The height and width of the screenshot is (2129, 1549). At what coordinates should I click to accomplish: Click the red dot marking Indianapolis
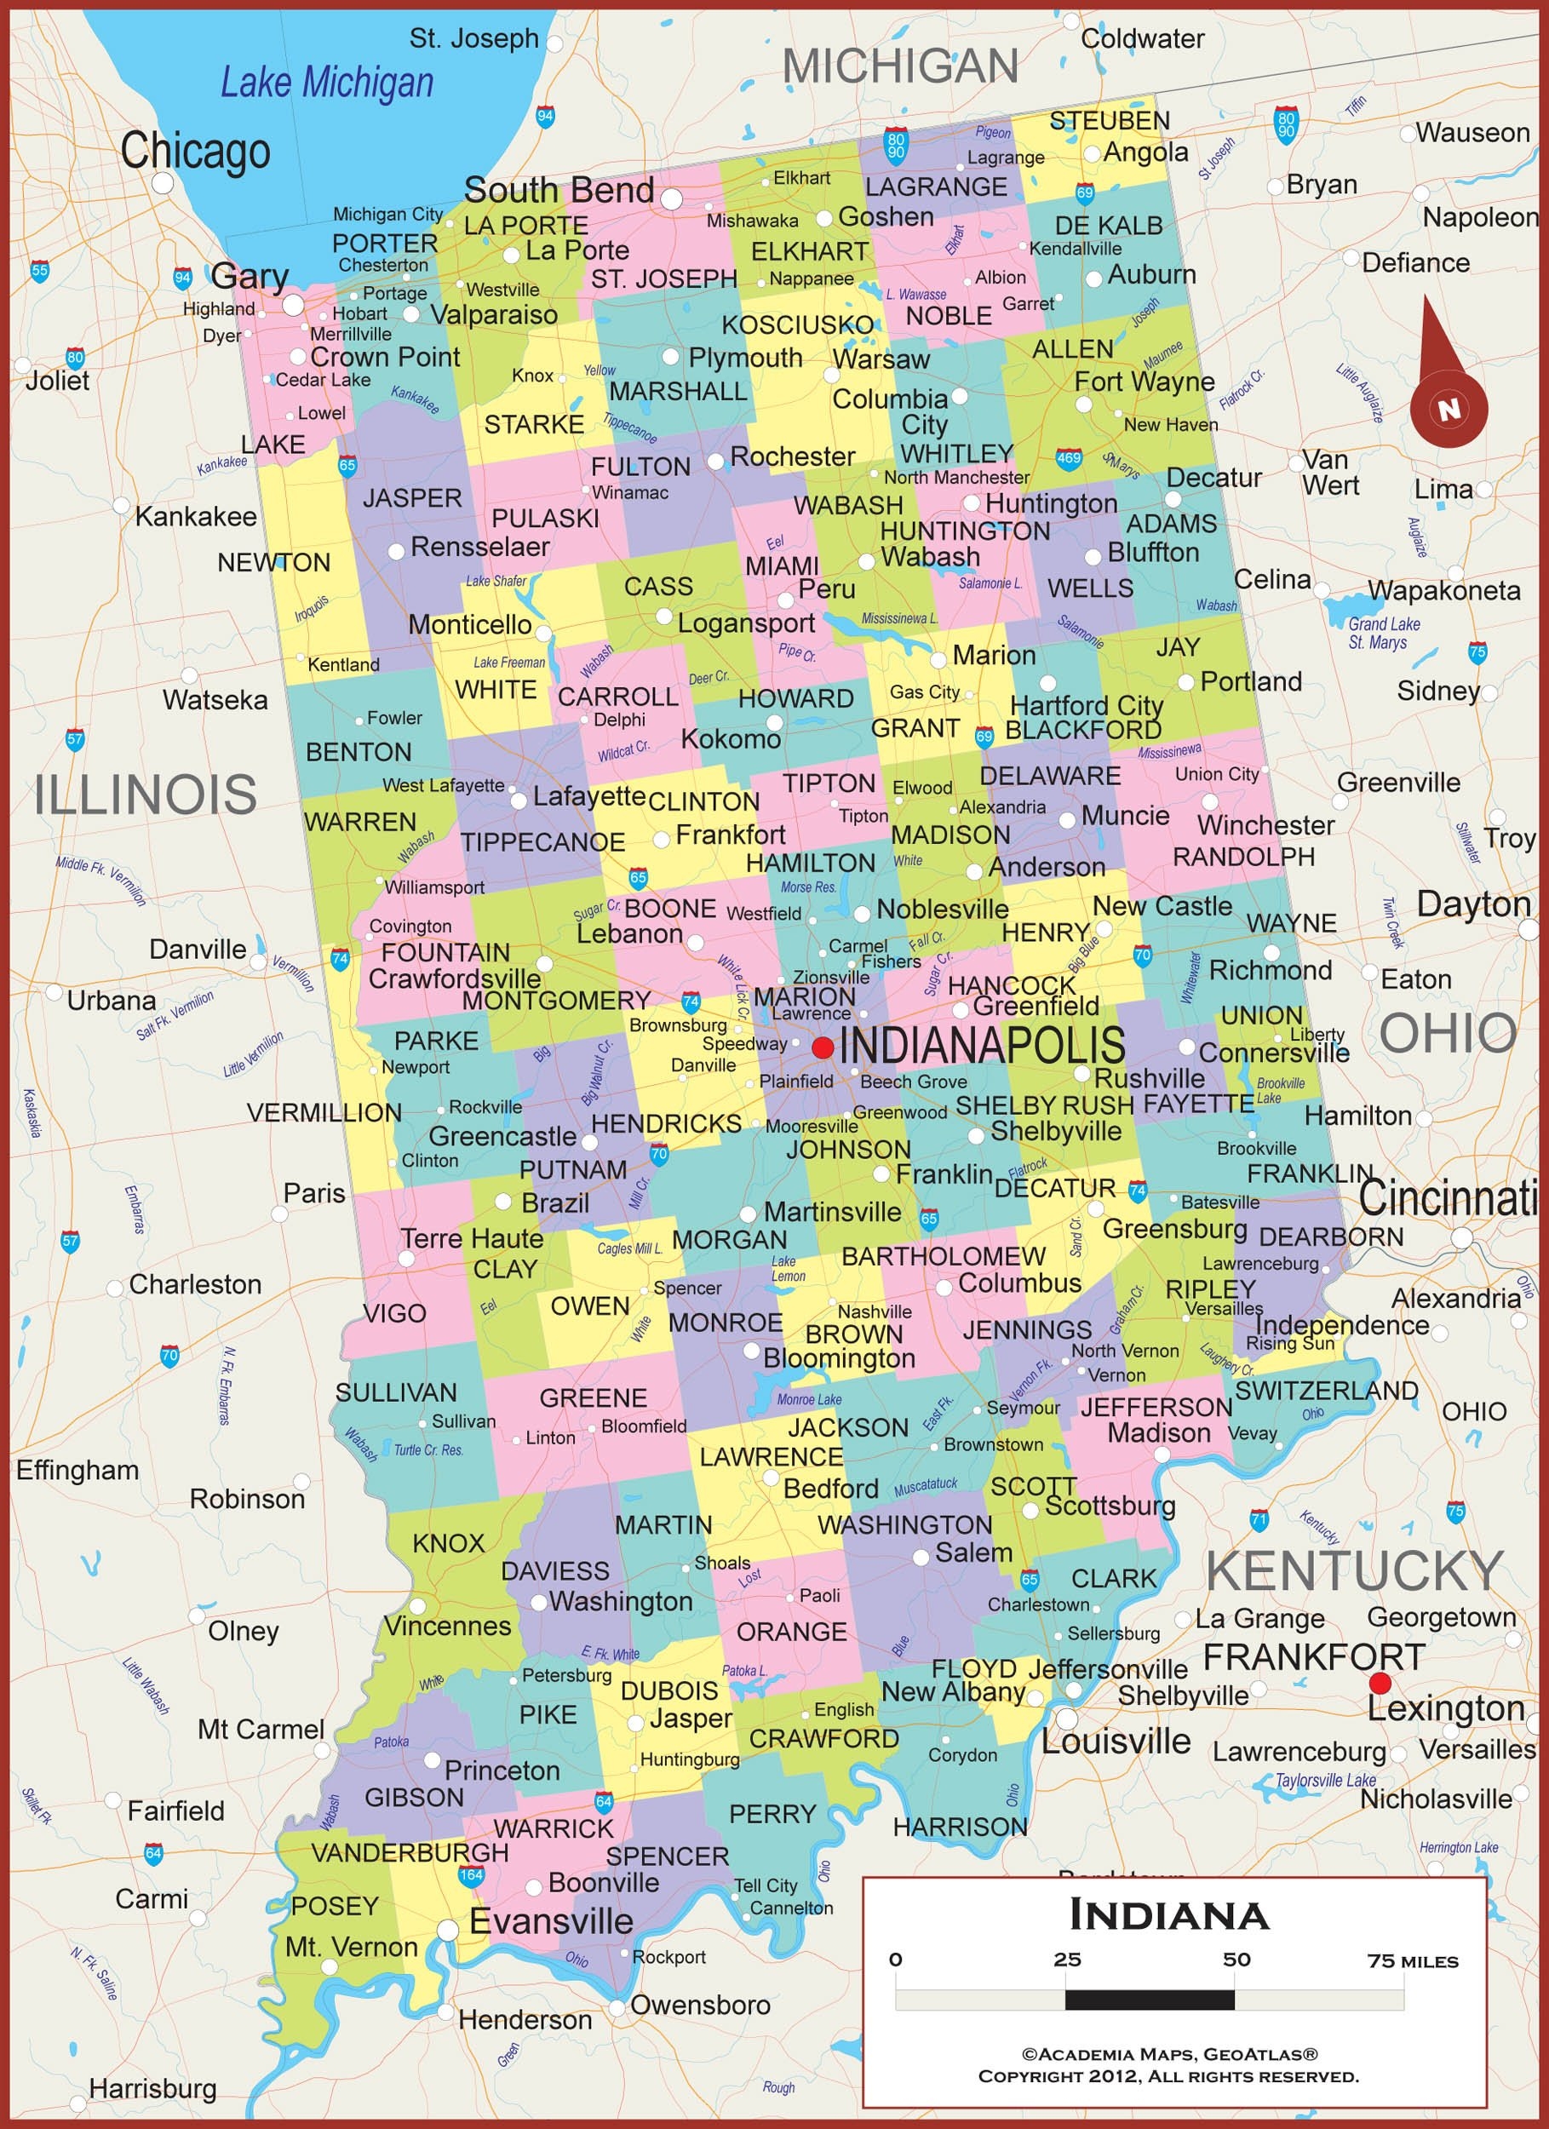823,1047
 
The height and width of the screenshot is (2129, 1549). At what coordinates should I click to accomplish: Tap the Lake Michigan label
327,83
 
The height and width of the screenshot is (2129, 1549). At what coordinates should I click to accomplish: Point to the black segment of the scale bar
1149,2000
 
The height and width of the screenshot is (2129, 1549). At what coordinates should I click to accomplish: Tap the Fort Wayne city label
1144,382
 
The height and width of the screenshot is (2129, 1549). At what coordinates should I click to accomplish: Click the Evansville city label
551,1920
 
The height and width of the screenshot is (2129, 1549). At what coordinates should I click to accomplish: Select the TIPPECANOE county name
542,842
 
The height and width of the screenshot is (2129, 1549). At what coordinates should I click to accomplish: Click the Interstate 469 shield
1069,458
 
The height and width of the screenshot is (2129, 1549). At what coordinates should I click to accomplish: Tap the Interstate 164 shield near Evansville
470,1874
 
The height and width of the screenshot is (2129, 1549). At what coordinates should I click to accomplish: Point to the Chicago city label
195,150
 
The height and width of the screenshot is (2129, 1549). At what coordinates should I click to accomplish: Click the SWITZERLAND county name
1326,1390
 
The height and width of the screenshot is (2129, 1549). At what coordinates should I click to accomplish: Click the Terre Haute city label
473,1238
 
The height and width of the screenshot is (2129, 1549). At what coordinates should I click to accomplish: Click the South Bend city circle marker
671,199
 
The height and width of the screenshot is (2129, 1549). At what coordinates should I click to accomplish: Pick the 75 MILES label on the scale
1412,1960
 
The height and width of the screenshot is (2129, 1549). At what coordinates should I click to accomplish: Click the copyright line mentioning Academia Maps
1169,2054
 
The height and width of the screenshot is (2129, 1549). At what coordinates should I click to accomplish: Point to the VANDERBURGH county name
410,1852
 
